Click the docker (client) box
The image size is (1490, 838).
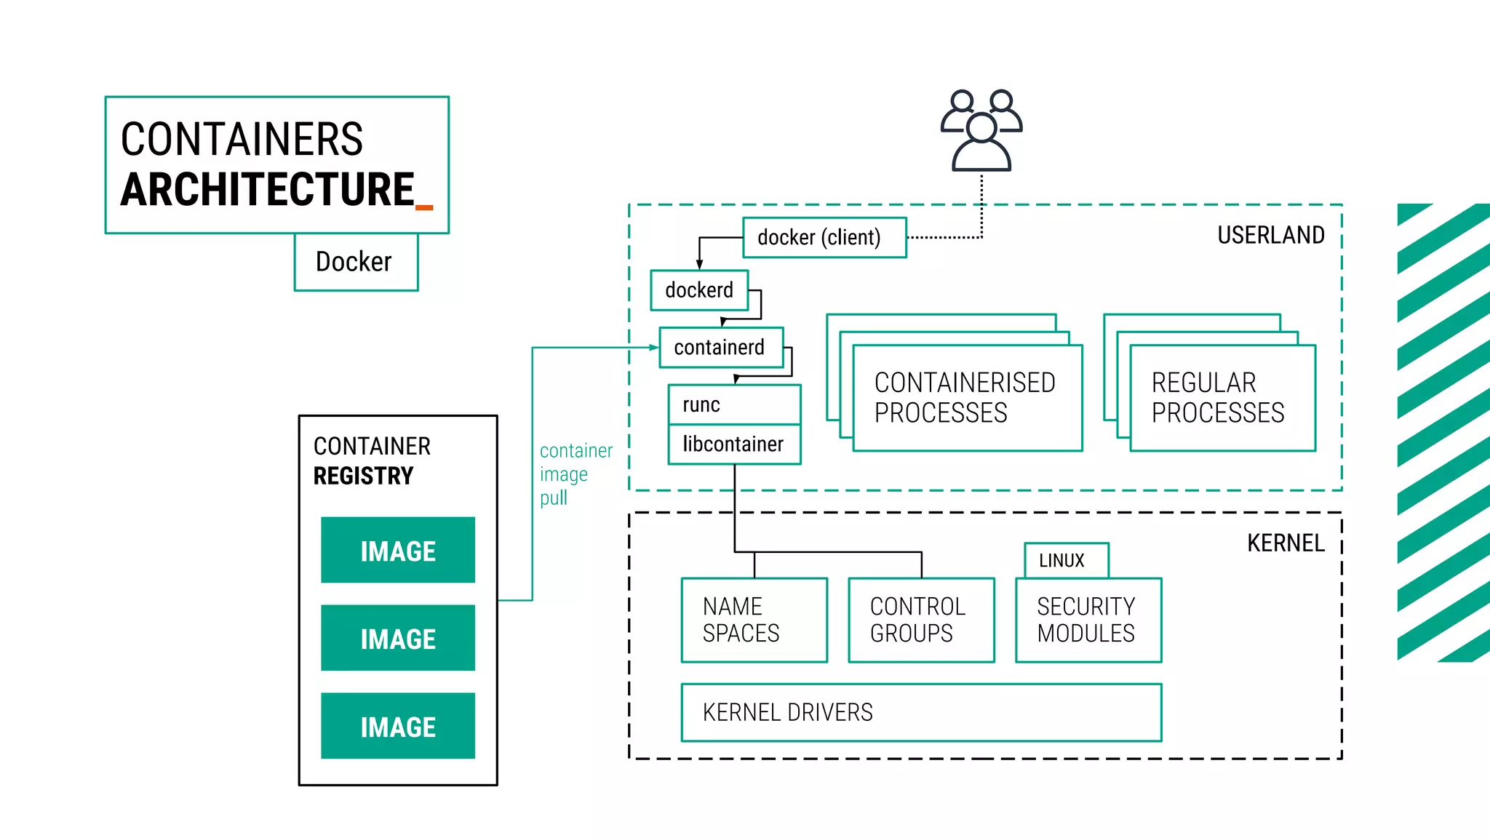coord(824,238)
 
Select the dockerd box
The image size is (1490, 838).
coord(699,290)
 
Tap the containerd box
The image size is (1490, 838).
coord(720,348)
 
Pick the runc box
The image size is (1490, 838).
coord(733,404)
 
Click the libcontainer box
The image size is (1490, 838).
coord(733,444)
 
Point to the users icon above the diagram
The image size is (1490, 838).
coord(981,131)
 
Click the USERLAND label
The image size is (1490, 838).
coord(1270,236)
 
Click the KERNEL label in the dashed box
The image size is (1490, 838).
coord(1285,543)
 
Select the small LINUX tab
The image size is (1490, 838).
coord(1066,561)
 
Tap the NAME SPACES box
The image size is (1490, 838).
coord(754,620)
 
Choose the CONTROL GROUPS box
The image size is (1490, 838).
coord(921,620)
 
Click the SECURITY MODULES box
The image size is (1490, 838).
coord(1088,620)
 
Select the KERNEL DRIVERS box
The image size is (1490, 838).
coord(920,712)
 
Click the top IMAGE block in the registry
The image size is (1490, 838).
coord(398,551)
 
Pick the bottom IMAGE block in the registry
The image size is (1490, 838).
coord(398,726)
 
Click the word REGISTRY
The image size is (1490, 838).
coord(363,476)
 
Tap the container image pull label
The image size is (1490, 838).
coord(575,474)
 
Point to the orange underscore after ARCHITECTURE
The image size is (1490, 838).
coord(424,208)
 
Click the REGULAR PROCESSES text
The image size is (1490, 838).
coord(1217,398)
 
